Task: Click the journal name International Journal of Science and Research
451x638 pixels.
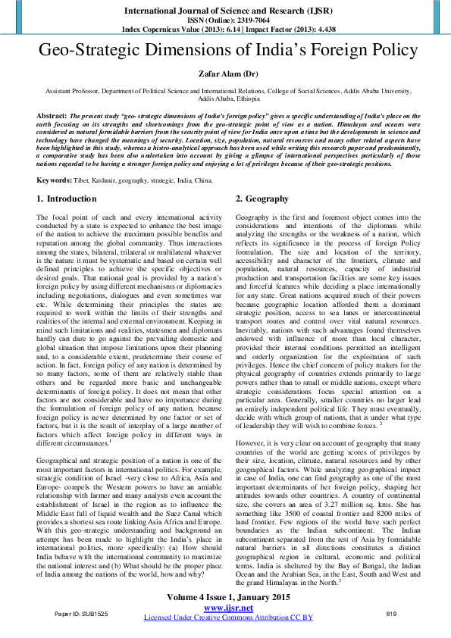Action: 225,10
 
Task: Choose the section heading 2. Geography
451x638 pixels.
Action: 262,199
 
